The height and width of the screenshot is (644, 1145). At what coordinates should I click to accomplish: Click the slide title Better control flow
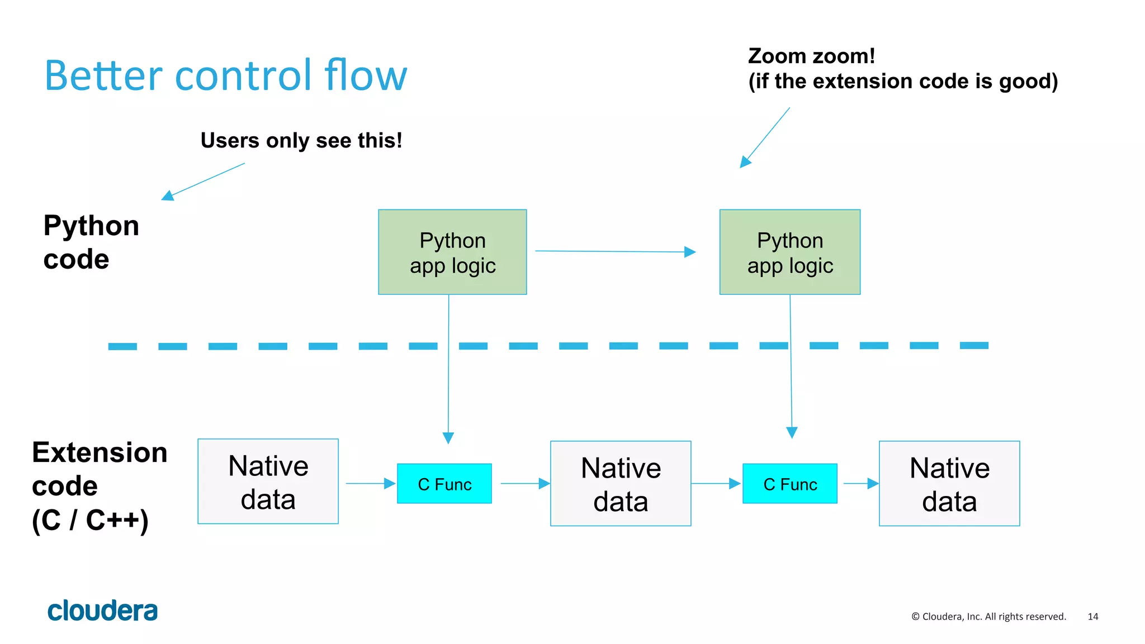pyautogui.click(x=226, y=75)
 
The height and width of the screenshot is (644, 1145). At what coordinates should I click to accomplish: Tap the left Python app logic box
pyautogui.click(x=452, y=252)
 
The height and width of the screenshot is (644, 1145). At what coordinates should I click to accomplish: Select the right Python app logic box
pyautogui.click(x=789, y=252)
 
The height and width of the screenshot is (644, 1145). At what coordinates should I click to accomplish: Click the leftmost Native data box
pyautogui.click(x=268, y=481)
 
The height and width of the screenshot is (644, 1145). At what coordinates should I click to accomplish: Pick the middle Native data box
pyautogui.click(x=621, y=484)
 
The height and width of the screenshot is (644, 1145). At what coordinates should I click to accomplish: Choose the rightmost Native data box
pyautogui.click(x=949, y=484)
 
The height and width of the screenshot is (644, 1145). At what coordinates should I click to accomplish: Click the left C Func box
pyautogui.click(x=444, y=484)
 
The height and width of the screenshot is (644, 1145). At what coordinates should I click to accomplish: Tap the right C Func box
pyautogui.click(x=789, y=484)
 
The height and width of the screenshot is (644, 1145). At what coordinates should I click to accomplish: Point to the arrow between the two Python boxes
pyautogui.click(x=615, y=251)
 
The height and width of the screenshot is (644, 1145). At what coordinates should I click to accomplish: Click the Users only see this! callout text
pyautogui.click(x=301, y=141)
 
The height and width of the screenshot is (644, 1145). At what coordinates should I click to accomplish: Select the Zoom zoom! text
pyautogui.click(x=811, y=56)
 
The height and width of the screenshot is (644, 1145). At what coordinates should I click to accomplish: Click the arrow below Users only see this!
pyautogui.click(x=204, y=181)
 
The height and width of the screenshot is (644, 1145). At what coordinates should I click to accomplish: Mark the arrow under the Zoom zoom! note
pyautogui.click(x=765, y=137)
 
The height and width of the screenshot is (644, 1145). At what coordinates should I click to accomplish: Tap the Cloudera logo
pyautogui.click(x=102, y=610)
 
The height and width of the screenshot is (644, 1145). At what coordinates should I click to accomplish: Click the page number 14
pyautogui.click(x=1092, y=617)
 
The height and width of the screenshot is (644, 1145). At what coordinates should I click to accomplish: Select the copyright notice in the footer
pyautogui.click(x=988, y=617)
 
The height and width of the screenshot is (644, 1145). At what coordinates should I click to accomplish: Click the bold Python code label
pyautogui.click(x=91, y=242)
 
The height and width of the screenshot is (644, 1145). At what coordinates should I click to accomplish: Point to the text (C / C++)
pyautogui.click(x=90, y=520)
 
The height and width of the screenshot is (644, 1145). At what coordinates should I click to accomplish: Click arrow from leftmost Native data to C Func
pyautogui.click(x=370, y=484)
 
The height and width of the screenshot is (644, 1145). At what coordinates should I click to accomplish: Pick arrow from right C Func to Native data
pyautogui.click(x=860, y=484)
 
